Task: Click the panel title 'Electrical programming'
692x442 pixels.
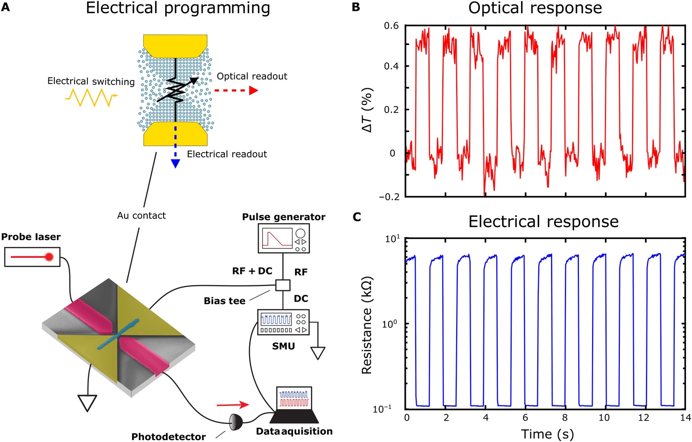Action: pos(178,8)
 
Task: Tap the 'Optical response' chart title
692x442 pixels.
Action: pos(535,8)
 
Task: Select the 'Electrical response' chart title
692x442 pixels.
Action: pos(543,221)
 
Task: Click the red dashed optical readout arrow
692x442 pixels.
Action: pos(237,90)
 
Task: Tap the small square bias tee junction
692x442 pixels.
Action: pos(283,285)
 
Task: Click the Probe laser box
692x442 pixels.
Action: pos(32,257)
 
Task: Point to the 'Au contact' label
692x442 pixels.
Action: pos(141,215)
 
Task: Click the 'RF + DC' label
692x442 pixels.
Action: pos(252,271)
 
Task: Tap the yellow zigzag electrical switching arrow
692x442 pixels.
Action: pos(91,97)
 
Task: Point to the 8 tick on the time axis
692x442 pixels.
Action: pos(564,418)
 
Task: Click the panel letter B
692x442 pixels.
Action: pos(355,8)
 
